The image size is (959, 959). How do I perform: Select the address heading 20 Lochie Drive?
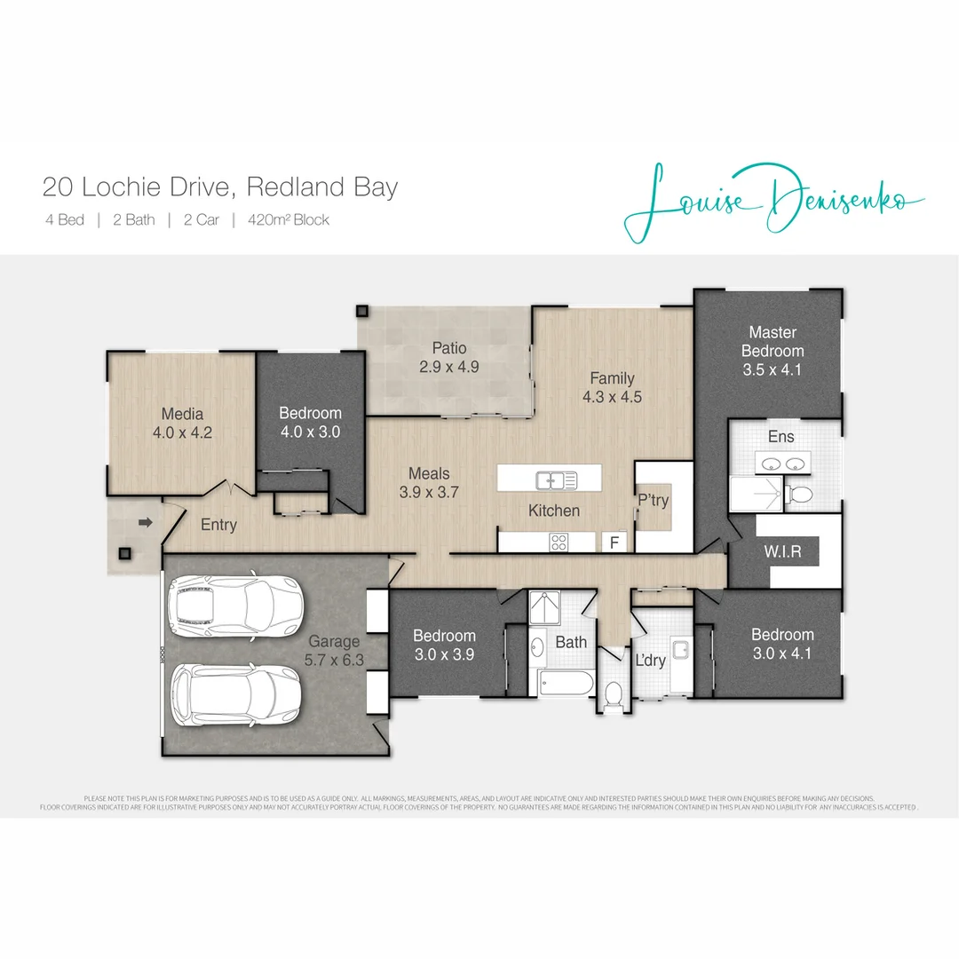click(220, 187)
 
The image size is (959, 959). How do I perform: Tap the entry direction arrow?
click(146, 524)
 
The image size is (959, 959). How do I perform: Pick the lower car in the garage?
click(236, 695)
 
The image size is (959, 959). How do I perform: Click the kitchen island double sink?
click(557, 480)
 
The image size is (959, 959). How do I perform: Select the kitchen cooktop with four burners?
click(559, 541)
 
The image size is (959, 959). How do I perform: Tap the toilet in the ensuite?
click(799, 495)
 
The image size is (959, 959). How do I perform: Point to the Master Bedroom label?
click(773, 341)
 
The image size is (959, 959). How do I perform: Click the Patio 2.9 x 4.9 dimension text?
click(449, 366)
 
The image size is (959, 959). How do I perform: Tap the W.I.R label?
click(782, 551)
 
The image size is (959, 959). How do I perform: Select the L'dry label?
click(651, 660)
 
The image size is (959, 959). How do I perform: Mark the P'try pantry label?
click(653, 501)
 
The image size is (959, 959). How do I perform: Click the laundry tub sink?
click(681, 651)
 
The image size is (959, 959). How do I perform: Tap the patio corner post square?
click(362, 312)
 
